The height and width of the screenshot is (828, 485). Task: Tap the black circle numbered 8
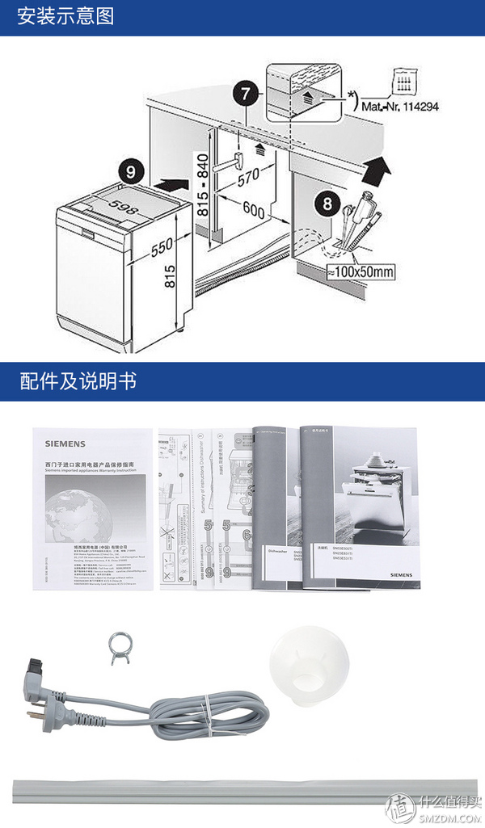(x=327, y=203)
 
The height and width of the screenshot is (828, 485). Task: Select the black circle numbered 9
(x=132, y=171)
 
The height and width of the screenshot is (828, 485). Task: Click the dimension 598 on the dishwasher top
(x=122, y=208)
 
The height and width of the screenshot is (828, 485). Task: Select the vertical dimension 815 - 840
(x=203, y=185)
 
